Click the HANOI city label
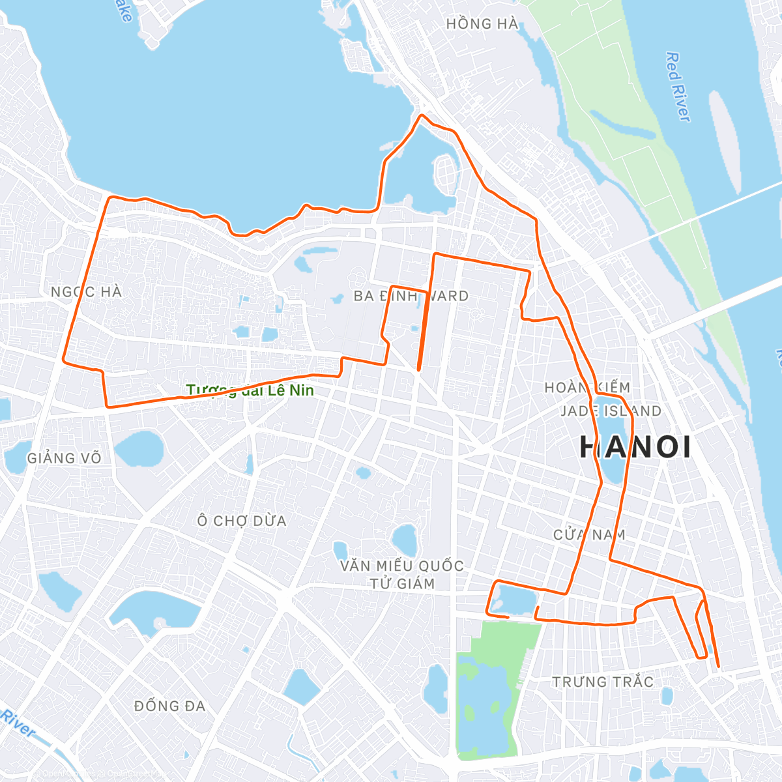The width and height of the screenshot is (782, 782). (x=635, y=447)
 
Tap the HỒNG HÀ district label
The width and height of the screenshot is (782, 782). (x=482, y=24)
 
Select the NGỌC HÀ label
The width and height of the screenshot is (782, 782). (x=87, y=292)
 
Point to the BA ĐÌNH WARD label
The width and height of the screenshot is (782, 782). (x=411, y=296)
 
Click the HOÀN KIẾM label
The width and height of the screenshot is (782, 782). (x=587, y=388)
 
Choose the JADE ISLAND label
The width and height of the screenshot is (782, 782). (x=611, y=411)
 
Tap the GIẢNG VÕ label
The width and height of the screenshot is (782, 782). (x=65, y=458)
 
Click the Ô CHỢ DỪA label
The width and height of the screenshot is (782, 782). (x=242, y=521)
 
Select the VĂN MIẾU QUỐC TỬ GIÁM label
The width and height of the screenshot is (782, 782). (x=402, y=574)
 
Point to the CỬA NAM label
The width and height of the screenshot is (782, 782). (x=589, y=535)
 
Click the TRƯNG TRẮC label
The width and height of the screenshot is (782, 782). (x=603, y=682)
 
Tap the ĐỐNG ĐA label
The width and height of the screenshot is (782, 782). (x=169, y=706)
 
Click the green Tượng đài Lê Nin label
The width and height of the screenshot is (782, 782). (x=250, y=390)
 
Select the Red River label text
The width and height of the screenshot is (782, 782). (x=677, y=87)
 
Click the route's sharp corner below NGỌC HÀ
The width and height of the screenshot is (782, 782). (x=64, y=359)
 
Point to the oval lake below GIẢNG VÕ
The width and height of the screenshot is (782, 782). (x=139, y=448)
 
